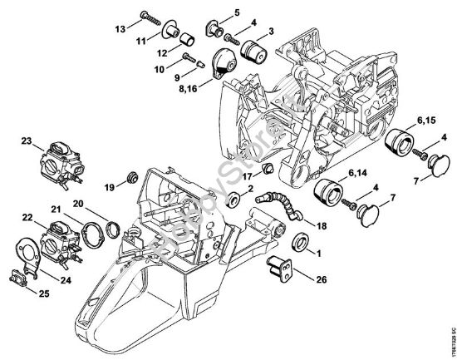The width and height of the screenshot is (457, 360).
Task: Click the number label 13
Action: (120, 27)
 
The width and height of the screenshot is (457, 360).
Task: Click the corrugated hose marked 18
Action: (278, 204)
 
